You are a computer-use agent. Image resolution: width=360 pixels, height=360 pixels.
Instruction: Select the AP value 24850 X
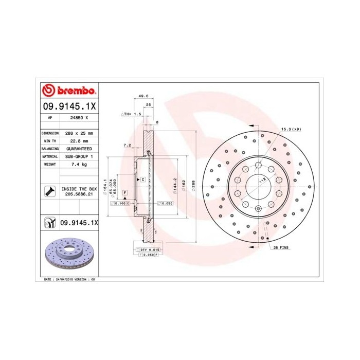coord(79,117)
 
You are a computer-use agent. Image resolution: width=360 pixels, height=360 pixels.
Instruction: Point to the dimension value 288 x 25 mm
coord(79,133)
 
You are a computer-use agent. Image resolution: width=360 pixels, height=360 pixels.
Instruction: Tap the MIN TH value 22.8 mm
coord(79,140)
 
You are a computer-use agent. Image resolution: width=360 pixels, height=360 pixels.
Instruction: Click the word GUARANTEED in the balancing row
coord(79,148)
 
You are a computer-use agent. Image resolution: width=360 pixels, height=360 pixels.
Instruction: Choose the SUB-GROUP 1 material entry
coord(79,156)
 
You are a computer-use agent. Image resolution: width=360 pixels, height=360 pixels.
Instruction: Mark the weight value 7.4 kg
coord(79,164)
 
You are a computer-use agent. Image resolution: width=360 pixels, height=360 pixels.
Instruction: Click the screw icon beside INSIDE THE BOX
coord(49,192)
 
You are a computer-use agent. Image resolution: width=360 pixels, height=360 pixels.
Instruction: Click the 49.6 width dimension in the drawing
coord(143,96)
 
